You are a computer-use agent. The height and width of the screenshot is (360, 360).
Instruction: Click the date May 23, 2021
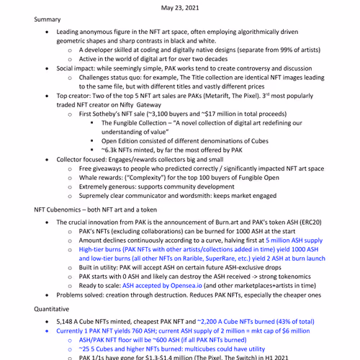tap(179, 6)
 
